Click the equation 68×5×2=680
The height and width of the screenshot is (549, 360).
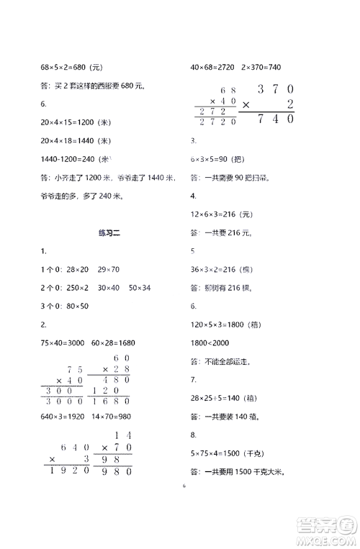click(63, 68)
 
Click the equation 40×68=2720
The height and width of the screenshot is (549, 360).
click(210, 68)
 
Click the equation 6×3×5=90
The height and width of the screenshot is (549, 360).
click(209, 159)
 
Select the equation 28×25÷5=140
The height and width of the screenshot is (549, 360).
click(215, 399)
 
